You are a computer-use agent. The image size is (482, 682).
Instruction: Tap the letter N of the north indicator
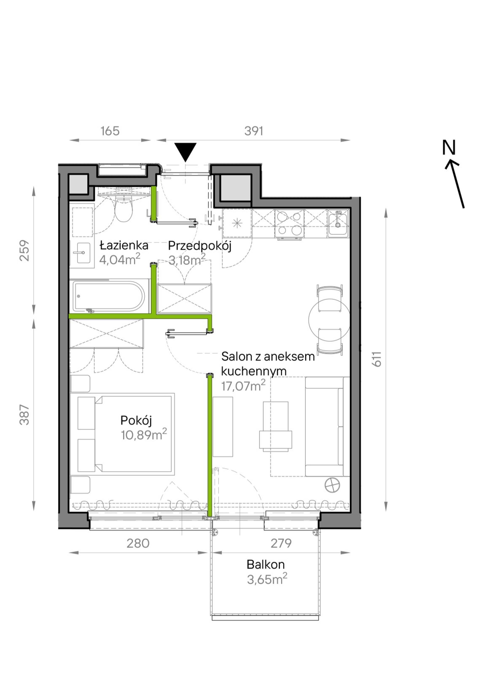(x=449, y=148)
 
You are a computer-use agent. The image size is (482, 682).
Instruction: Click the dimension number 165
(x=110, y=131)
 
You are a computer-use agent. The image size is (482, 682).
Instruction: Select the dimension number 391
(x=253, y=131)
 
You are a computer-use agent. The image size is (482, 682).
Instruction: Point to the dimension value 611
(x=377, y=359)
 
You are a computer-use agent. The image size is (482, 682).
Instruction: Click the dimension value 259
(x=24, y=250)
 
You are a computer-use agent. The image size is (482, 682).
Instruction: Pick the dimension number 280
(x=138, y=544)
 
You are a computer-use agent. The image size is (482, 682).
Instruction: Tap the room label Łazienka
(x=124, y=245)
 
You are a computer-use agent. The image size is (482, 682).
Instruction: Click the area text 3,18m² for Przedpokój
(x=187, y=260)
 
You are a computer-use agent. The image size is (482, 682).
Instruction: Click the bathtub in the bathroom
(x=109, y=296)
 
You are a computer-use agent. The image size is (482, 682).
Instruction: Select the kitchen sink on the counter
(x=338, y=223)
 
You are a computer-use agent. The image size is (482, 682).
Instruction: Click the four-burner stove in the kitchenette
(x=289, y=224)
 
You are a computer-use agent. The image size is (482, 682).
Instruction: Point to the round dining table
(x=329, y=320)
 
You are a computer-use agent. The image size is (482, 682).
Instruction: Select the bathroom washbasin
(x=83, y=253)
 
